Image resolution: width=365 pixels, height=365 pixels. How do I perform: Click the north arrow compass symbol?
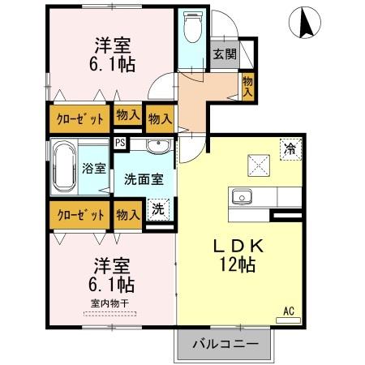click(x=307, y=22)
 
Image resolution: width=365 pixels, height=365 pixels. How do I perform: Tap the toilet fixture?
click(x=192, y=29)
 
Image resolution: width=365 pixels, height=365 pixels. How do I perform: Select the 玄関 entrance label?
click(x=225, y=54)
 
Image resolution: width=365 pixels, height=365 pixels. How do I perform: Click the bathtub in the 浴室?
click(x=64, y=168)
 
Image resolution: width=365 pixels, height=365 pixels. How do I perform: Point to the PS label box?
click(x=120, y=144)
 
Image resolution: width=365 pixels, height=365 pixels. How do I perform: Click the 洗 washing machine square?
click(x=160, y=209)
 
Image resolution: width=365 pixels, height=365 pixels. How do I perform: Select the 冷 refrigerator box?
click(x=290, y=149)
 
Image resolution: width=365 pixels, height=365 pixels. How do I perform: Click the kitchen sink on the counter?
click(x=243, y=197)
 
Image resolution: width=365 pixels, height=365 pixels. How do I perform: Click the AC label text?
click(x=289, y=310)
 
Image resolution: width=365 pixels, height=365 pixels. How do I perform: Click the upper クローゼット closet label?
click(x=79, y=119)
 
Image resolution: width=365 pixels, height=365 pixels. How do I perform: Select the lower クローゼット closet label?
click(x=79, y=215)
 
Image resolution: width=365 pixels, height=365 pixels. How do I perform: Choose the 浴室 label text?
click(x=94, y=169)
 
